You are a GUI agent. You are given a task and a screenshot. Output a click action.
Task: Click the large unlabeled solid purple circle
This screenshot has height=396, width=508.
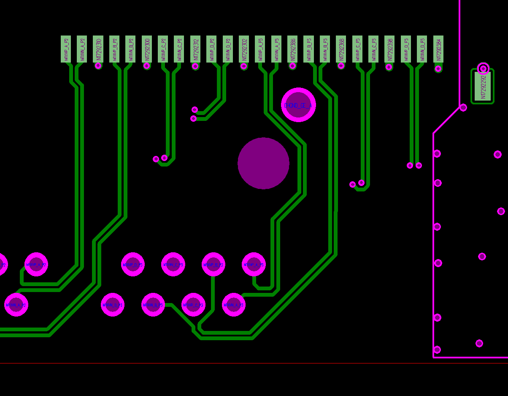(263, 163)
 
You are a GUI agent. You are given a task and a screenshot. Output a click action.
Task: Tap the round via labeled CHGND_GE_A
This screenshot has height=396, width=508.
(298, 105)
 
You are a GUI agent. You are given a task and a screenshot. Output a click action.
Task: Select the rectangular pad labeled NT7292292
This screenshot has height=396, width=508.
(483, 87)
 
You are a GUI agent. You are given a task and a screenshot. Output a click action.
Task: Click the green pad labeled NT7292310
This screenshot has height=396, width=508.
(98, 49)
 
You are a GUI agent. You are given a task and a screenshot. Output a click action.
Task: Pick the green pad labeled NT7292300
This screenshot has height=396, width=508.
(147, 49)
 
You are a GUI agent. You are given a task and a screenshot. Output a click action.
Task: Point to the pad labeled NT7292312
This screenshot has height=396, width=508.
(195, 49)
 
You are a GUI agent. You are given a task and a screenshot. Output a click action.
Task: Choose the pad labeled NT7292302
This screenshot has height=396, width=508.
(244, 49)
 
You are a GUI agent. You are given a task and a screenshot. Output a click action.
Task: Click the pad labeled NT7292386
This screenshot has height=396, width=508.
(292, 49)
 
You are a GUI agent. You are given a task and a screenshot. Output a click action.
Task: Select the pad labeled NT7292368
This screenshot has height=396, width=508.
(341, 49)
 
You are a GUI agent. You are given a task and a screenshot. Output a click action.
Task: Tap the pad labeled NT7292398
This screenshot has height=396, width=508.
(389, 49)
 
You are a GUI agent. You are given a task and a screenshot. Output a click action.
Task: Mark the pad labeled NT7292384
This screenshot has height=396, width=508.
(438, 49)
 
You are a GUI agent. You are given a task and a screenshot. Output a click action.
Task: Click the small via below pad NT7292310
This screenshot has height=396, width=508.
(98, 66)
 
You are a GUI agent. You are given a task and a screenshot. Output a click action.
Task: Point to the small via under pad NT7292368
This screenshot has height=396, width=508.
(341, 66)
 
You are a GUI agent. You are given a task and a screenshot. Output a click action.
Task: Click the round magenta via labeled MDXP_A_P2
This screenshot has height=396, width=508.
(36, 265)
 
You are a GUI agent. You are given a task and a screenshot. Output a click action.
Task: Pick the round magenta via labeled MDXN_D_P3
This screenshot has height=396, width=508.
(113, 305)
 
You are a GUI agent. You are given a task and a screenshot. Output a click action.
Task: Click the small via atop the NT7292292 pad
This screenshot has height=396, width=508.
(483, 68)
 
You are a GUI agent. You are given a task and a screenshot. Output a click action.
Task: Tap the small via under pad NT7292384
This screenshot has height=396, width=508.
(438, 68)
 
